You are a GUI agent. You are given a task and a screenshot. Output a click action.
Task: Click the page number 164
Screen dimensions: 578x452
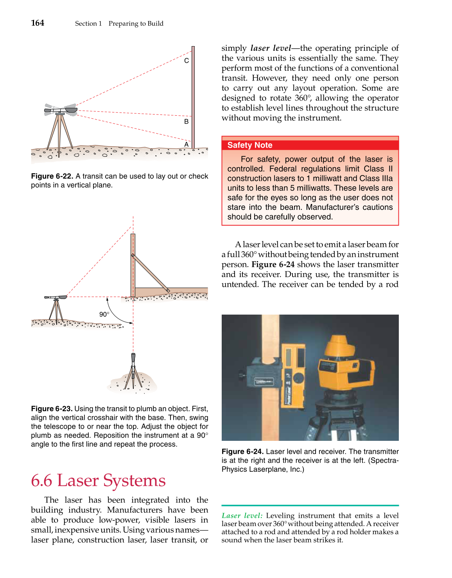tap(38, 23)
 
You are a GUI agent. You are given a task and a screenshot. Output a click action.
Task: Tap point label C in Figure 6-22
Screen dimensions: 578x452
tap(187, 61)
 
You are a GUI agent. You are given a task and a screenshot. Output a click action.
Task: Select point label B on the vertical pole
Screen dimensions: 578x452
tap(187, 122)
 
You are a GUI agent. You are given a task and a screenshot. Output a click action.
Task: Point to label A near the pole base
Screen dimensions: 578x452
tap(187, 145)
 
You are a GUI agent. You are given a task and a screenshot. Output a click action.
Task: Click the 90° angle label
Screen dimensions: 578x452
tap(104, 314)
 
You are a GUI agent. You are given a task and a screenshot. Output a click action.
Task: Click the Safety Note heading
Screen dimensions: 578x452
tap(250, 145)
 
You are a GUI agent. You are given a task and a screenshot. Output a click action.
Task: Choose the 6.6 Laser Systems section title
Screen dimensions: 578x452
tap(98, 480)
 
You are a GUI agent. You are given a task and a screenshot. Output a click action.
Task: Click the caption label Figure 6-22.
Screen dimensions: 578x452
tap(52, 176)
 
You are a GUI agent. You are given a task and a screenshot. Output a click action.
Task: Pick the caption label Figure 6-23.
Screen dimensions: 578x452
tap(52, 409)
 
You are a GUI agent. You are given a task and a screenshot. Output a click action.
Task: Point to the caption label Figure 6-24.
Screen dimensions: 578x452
tap(242, 452)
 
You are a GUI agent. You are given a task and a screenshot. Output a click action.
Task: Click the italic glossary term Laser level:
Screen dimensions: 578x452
tap(242, 516)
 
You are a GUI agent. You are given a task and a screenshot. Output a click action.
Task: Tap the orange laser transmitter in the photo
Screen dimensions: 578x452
tap(344, 367)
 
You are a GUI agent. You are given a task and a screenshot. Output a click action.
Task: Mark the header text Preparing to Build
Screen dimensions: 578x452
tap(136, 23)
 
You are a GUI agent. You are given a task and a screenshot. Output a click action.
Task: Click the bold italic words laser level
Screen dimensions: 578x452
tap(271, 48)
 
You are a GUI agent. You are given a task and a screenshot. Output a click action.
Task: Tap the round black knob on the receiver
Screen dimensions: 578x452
tap(298, 378)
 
